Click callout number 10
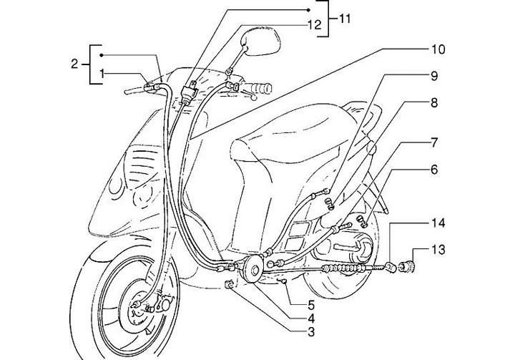pyautogui.click(x=436, y=50)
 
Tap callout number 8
pyautogui.click(x=433, y=102)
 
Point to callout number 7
pyautogui.click(x=433, y=143)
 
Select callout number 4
pyautogui.click(x=291, y=317)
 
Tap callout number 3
pyautogui.click(x=291, y=331)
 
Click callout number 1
pyautogui.click(x=103, y=72)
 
